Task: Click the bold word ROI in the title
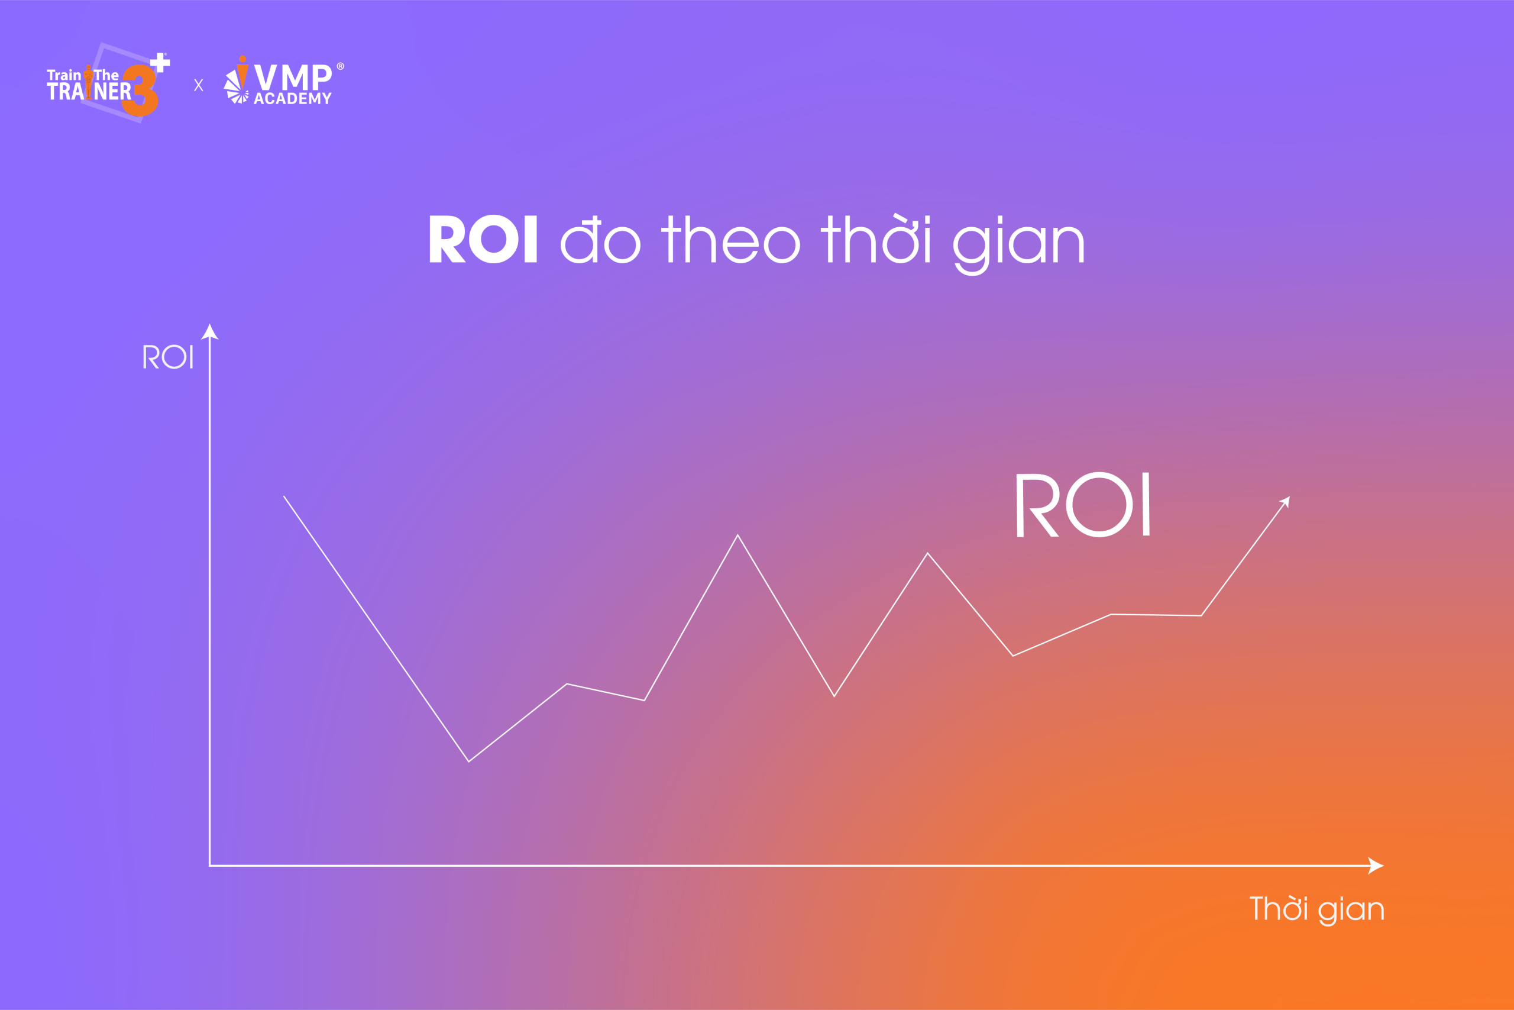tap(483, 239)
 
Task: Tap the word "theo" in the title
tap(730, 239)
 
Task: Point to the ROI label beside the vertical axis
tap(167, 356)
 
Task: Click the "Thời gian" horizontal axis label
tap(1317, 909)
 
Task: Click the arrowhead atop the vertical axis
tap(210, 331)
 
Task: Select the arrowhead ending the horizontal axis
tap(1376, 866)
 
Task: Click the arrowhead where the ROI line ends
tap(1286, 502)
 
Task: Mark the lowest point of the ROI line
tap(468, 761)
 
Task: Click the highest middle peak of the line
tap(737, 535)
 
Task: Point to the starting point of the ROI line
tap(284, 496)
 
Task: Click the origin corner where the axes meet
tap(210, 866)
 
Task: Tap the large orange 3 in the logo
tap(141, 91)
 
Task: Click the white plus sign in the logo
tap(160, 63)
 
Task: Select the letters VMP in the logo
tap(293, 77)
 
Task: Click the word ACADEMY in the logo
tap(293, 99)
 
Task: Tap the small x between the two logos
tap(198, 85)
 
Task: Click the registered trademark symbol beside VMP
tap(341, 66)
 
